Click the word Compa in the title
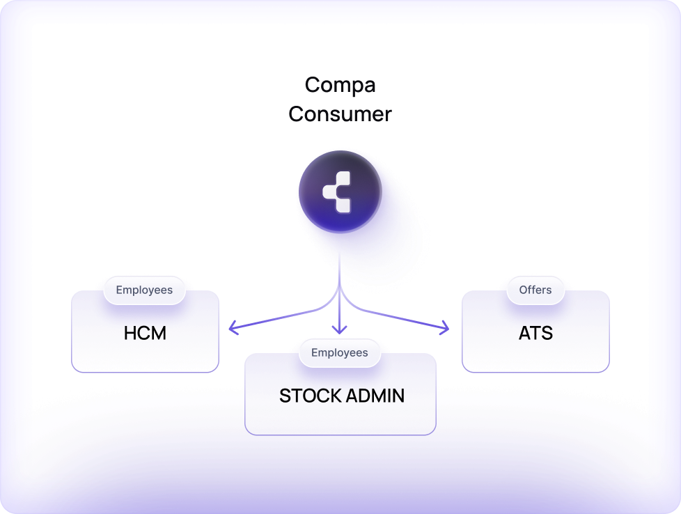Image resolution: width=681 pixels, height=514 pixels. [x=340, y=85]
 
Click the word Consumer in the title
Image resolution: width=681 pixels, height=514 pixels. [x=340, y=114]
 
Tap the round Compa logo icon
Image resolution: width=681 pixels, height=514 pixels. [x=340, y=192]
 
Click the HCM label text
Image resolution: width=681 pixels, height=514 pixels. [x=145, y=334]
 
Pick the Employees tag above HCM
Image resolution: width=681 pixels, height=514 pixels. [x=144, y=290]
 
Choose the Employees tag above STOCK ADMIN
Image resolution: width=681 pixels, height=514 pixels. [x=340, y=353]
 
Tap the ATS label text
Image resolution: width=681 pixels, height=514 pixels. [x=535, y=334]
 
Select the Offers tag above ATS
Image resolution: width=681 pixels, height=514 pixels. [x=535, y=290]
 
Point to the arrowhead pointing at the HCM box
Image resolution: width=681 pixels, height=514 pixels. [x=233, y=326]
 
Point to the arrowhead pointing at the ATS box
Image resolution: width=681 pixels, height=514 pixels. [x=446, y=326]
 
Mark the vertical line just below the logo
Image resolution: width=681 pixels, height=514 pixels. [x=340, y=268]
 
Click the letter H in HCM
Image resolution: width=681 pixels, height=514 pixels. [x=130, y=334]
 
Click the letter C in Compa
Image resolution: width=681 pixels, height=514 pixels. [x=313, y=85]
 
